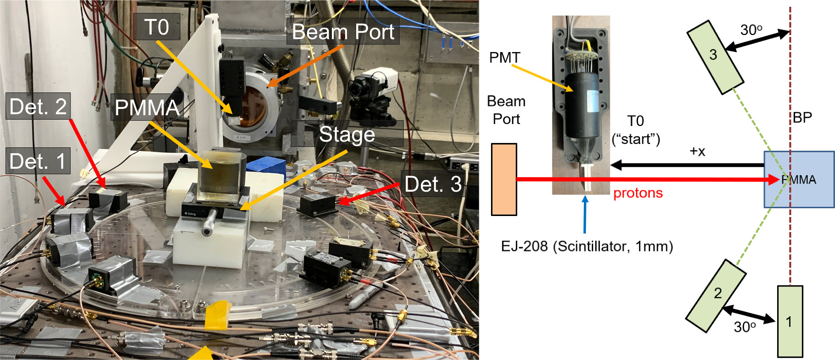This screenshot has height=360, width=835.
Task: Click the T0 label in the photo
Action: [157, 27]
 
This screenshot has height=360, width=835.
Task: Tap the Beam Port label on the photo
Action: [343, 32]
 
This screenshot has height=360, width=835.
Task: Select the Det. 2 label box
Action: [38, 107]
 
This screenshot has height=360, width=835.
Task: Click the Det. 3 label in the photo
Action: [433, 184]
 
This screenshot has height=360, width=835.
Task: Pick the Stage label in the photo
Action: [346, 134]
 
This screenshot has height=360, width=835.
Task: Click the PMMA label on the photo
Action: [146, 108]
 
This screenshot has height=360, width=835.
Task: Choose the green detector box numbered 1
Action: [789, 322]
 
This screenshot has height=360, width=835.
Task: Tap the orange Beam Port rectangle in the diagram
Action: [504, 179]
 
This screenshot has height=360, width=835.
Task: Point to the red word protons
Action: [638, 193]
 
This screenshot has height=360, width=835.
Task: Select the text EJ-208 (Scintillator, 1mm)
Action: [587, 246]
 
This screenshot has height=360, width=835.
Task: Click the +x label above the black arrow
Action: [697, 151]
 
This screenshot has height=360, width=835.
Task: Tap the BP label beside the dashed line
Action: [802, 117]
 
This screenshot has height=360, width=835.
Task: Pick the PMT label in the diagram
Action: [504, 58]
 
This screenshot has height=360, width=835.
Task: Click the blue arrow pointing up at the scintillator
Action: [585, 214]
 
